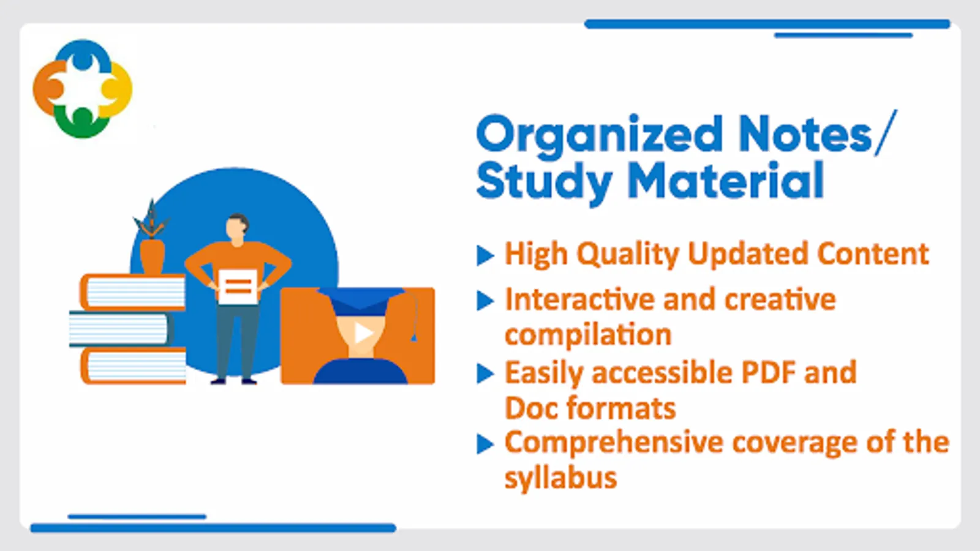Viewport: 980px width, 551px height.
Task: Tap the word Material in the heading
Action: (x=726, y=181)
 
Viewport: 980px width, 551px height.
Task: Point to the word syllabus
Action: (x=561, y=478)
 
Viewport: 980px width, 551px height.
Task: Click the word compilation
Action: (x=588, y=335)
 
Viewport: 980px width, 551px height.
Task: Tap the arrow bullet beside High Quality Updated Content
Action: (x=485, y=255)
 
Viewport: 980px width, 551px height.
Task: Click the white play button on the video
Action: (x=363, y=333)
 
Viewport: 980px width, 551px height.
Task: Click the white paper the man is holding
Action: (x=238, y=287)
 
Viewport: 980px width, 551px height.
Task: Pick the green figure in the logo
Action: (x=82, y=123)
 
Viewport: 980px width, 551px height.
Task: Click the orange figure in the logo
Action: (x=49, y=88)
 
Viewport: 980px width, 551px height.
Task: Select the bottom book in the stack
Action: (x=134, y=367)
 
